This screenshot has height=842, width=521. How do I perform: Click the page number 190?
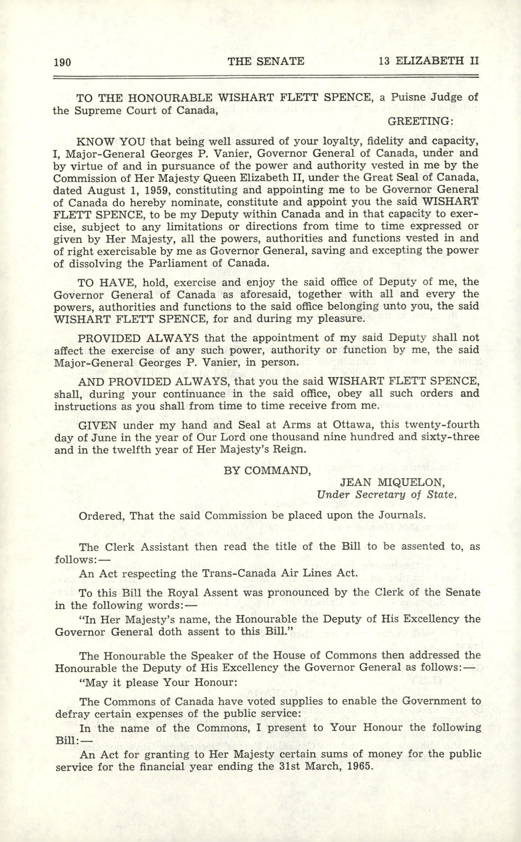coord(62,62)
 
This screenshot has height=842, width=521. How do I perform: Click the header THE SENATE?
coord(266,61)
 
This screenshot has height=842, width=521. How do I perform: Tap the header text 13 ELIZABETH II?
coord(429,61)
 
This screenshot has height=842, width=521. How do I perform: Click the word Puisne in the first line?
coord(409,98)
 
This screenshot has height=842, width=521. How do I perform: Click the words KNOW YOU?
coord(111,142)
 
